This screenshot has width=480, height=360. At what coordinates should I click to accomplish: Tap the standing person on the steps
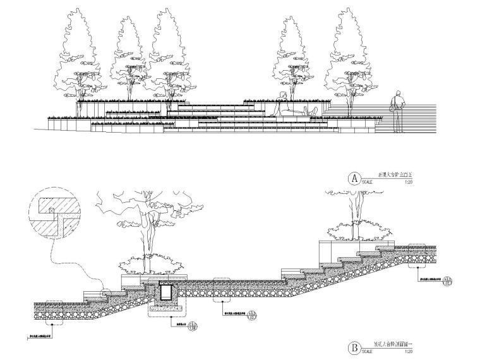[397, 111]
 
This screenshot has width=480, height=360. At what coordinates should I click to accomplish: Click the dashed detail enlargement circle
[57, 213]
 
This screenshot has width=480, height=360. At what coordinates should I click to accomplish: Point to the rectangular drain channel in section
[165, 292]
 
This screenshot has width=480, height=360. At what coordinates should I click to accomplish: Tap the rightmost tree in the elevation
[347, 57]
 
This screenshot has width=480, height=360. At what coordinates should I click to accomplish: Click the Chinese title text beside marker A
[395, 174]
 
